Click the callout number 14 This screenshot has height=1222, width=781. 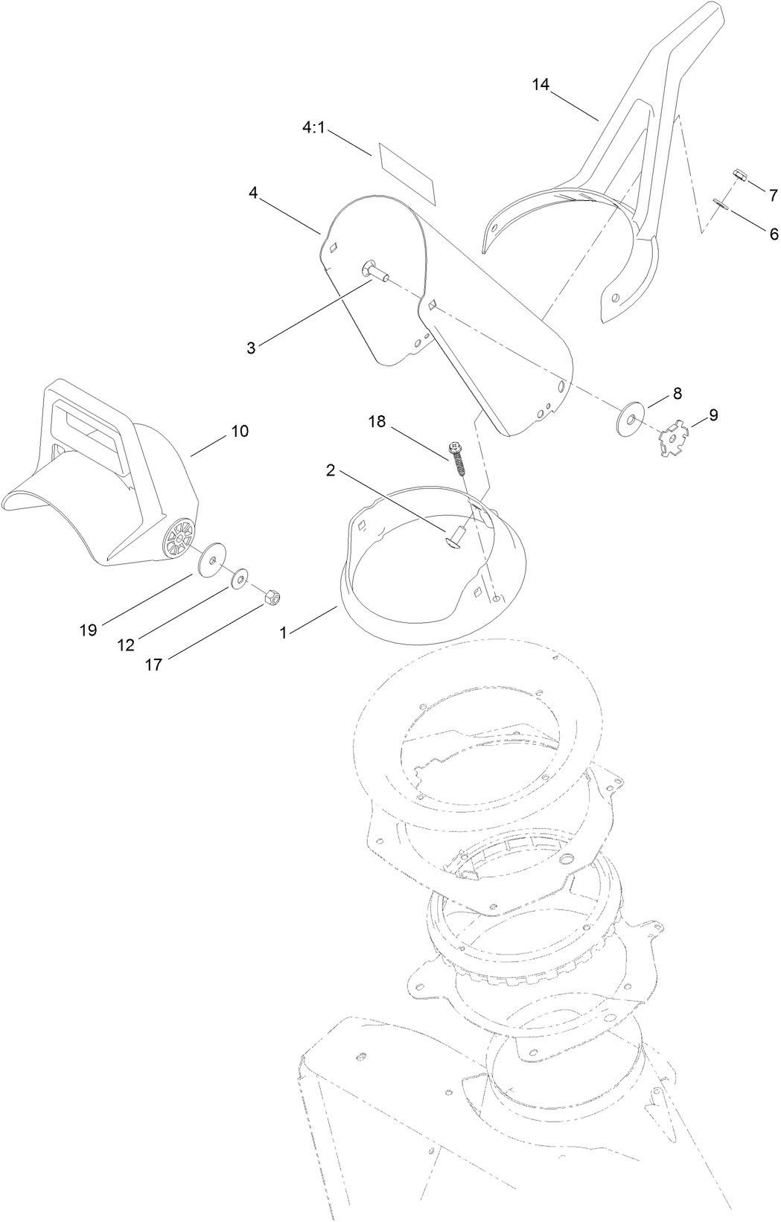point(541,85)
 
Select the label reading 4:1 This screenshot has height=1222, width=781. point(313,128)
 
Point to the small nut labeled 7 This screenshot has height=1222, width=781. point(739,175)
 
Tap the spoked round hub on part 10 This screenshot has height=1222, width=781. point(178,536)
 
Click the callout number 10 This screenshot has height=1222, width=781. point(240,431)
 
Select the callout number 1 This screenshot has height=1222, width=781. point(283,633)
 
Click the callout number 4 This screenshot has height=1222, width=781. point(253,193)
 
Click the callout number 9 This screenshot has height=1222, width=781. point(713,415)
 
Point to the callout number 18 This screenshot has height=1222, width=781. point(377,421)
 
